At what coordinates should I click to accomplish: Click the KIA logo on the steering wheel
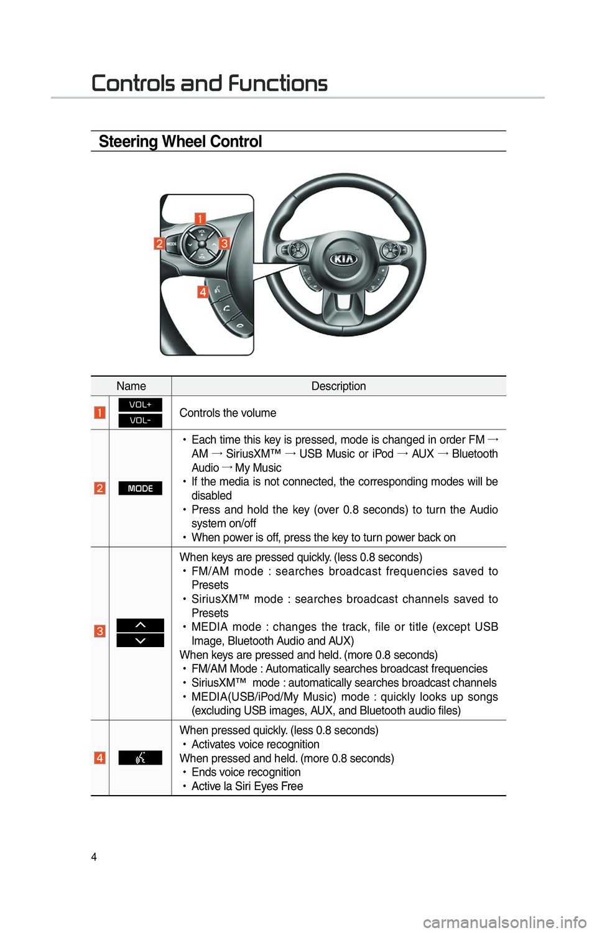[x=344, y=259]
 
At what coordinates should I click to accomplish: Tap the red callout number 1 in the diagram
[x=200, y=219]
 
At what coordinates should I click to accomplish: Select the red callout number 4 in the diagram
[x=203, y=292]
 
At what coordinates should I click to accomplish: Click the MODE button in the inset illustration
[x=172, y=244]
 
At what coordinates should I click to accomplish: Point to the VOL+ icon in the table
[x=140, y=405]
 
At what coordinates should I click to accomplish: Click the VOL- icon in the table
[x=140, y=420]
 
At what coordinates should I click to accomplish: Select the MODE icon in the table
[x=140, y=488]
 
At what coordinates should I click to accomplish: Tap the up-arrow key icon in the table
[x=140, y=625]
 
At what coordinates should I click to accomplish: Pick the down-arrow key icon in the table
[x=140, y=640]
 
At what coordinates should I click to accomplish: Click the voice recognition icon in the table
[x=140, y=758]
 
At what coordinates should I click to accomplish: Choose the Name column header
[x=131, y=386]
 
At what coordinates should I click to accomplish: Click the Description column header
[x=339, y=386]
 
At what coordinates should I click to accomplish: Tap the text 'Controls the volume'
[x=228, y=413]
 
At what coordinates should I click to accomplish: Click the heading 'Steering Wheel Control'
[x=180, y=142]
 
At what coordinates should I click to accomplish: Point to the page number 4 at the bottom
[x=94, y=857]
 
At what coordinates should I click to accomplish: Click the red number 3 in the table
[x=99, y=631]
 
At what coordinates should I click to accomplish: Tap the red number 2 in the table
[x=99, y=488]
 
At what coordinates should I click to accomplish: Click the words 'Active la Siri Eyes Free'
[x=248, y=786]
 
